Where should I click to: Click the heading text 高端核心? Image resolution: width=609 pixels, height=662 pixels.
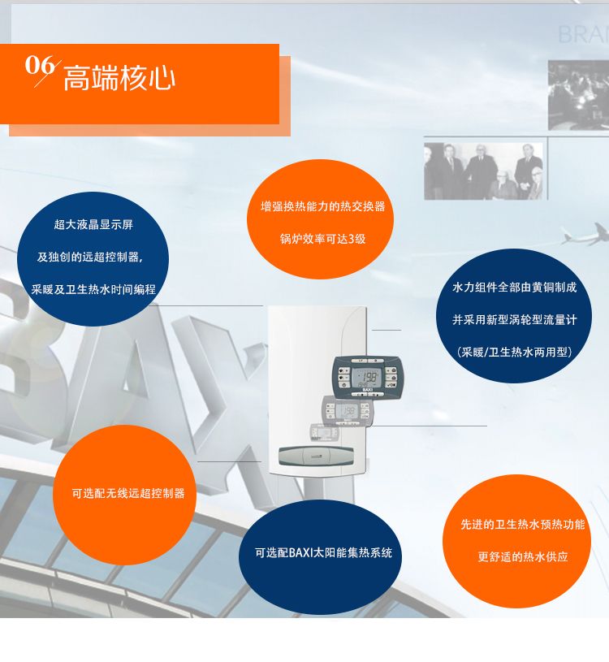coord(119,78)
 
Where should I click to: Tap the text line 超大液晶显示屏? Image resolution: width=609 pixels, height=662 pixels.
coord(93,224)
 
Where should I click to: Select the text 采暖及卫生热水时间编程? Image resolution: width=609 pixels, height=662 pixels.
coord(93,289)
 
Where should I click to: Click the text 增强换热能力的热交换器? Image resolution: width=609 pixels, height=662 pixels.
coord(323,206)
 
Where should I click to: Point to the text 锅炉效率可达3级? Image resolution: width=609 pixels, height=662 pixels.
coord(323,239)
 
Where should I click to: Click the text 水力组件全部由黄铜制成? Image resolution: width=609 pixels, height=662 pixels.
coord(515,288)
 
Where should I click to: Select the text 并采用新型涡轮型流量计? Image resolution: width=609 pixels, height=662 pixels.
coord(515,320)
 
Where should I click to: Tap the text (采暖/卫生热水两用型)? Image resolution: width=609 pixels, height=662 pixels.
coord(515,352)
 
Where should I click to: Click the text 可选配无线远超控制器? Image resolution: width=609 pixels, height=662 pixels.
coord(128,493)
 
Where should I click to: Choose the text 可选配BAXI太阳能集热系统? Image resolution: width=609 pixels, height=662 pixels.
coord(323,552)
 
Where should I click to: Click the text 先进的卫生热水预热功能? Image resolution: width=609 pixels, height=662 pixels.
coord(522,525)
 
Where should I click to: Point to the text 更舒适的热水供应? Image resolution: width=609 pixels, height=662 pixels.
coord(522,557)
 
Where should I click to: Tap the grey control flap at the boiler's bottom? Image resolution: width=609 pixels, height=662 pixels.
coord(316,456)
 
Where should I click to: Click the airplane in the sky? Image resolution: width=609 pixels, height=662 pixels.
coord(585,235)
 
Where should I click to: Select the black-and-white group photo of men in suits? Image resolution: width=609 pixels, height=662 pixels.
coord(484,171)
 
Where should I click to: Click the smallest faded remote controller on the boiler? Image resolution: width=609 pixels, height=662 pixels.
coord(325,432)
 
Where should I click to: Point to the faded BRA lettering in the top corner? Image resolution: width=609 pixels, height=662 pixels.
coord(583,35)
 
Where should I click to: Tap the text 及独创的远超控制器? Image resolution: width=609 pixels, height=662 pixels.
coord(90,257)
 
